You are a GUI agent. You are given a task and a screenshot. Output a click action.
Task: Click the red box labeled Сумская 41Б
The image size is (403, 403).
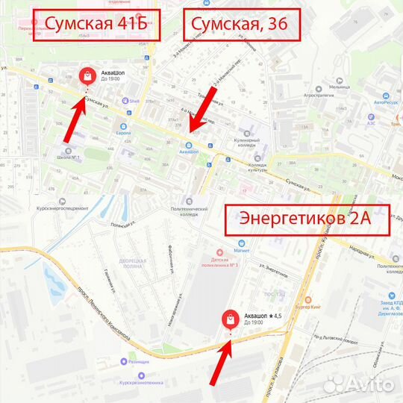(96, 25)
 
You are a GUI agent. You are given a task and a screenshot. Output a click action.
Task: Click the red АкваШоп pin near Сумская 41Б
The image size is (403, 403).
(87, 76)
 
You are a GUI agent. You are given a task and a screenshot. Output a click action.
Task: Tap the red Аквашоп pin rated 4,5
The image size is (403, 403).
(231, 320)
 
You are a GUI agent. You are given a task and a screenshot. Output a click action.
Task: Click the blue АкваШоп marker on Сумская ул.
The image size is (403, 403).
(188, 145)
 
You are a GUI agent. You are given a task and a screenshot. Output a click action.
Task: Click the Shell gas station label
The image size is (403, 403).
(134, 100)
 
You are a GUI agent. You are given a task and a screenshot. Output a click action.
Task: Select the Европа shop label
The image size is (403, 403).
(124, 133)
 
